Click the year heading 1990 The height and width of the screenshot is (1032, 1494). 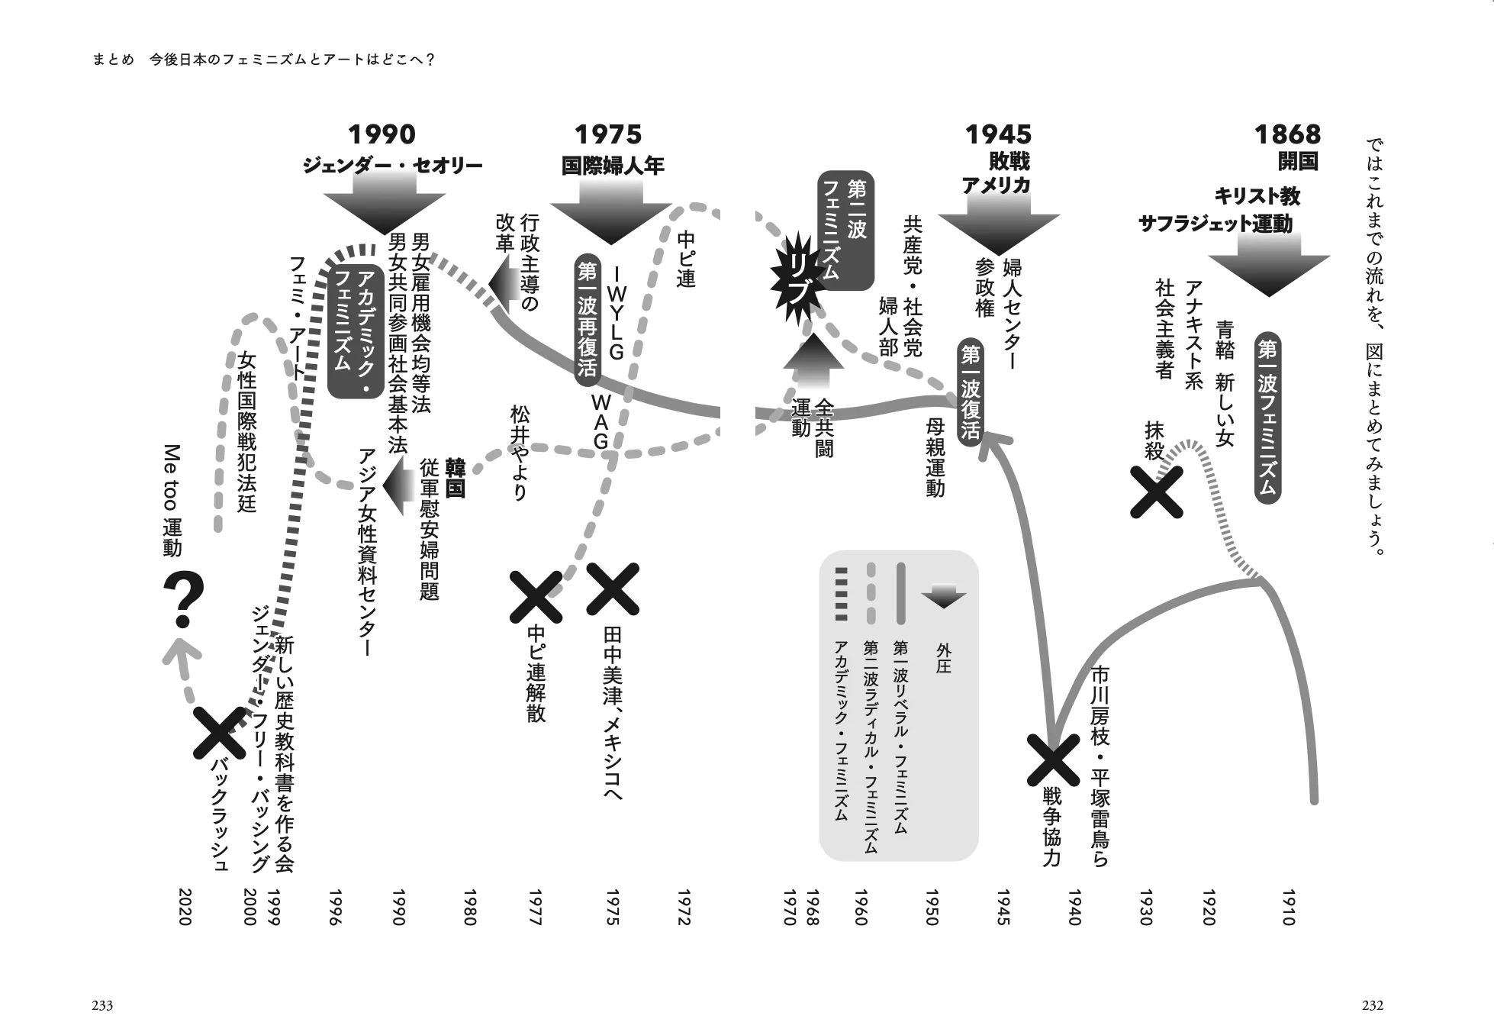click(382, 134)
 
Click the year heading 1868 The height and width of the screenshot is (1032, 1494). click(1287, 134)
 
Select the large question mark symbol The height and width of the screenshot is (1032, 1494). click(184, 601)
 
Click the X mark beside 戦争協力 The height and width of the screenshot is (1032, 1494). click(1051, 759)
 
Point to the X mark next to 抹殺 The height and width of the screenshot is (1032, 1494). click(1156, 492)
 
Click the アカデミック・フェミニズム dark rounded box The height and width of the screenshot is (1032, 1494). click(355, 321)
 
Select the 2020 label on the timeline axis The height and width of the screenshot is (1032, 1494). click(184, 907)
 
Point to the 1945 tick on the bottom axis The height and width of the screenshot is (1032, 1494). click(1003, 907)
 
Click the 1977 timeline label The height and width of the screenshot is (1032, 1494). click(534, 907)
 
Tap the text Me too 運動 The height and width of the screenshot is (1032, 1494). click(172, 500)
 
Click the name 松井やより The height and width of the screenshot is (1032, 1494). click(520, 453)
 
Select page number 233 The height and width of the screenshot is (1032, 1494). click(102, 1005)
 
